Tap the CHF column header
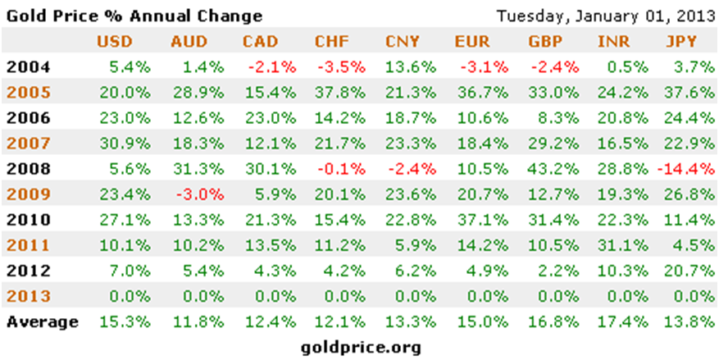(x=330, y=42)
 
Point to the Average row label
(x=42, y=322)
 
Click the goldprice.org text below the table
(x=362, y=347)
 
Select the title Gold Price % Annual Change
(x=134, y=16)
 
